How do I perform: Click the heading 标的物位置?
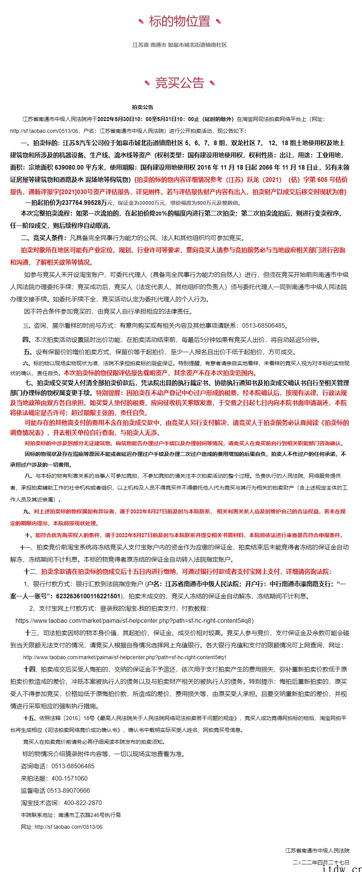[x=180, y=21]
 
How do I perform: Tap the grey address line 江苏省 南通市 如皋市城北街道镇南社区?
[x=180, y=45]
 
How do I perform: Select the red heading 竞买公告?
[x=180, y=83]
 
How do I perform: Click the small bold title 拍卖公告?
[x=142, y=107]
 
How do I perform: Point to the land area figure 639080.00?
[x=69, y=167]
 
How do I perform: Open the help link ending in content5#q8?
[x=134, y=621]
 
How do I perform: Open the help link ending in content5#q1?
[x=125, y=657]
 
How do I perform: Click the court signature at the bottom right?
[x=317, y=850]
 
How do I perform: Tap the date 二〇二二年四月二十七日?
[x=321, y=862]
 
